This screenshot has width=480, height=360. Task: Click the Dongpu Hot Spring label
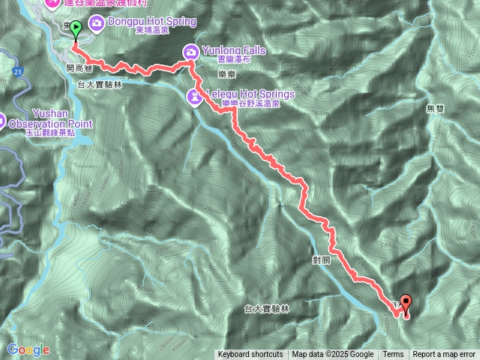tap(151, 22)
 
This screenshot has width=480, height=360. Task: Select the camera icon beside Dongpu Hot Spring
tap(97, 24)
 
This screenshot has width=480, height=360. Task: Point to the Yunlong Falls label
tap(234, 50)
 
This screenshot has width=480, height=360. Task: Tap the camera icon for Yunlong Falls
tap(190, 51)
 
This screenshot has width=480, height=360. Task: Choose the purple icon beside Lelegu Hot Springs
tap(194, 95)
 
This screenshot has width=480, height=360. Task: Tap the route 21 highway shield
tap(17, 71)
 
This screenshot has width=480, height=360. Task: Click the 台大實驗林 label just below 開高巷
tap(99, 85)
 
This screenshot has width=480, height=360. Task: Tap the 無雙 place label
tap(435, 109)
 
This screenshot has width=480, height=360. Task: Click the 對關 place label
tap(321, 259)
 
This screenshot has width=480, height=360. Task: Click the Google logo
tap(28, 349)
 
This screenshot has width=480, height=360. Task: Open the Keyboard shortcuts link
tap(250, 355)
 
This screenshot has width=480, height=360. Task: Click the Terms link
tap(393, 355)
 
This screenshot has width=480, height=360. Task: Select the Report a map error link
tap(444, 355)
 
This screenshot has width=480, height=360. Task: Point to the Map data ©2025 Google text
tap(333, 355)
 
